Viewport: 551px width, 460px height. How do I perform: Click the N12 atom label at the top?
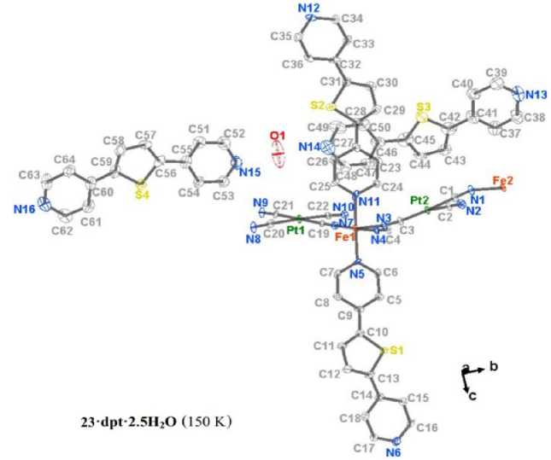click(308, 9)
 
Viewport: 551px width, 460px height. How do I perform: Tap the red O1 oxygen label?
click(276, 136)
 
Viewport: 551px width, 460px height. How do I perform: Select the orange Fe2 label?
click(504, 179)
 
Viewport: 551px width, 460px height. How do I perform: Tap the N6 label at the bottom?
click(392, 452)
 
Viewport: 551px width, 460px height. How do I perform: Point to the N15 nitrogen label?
click(249, 173)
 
